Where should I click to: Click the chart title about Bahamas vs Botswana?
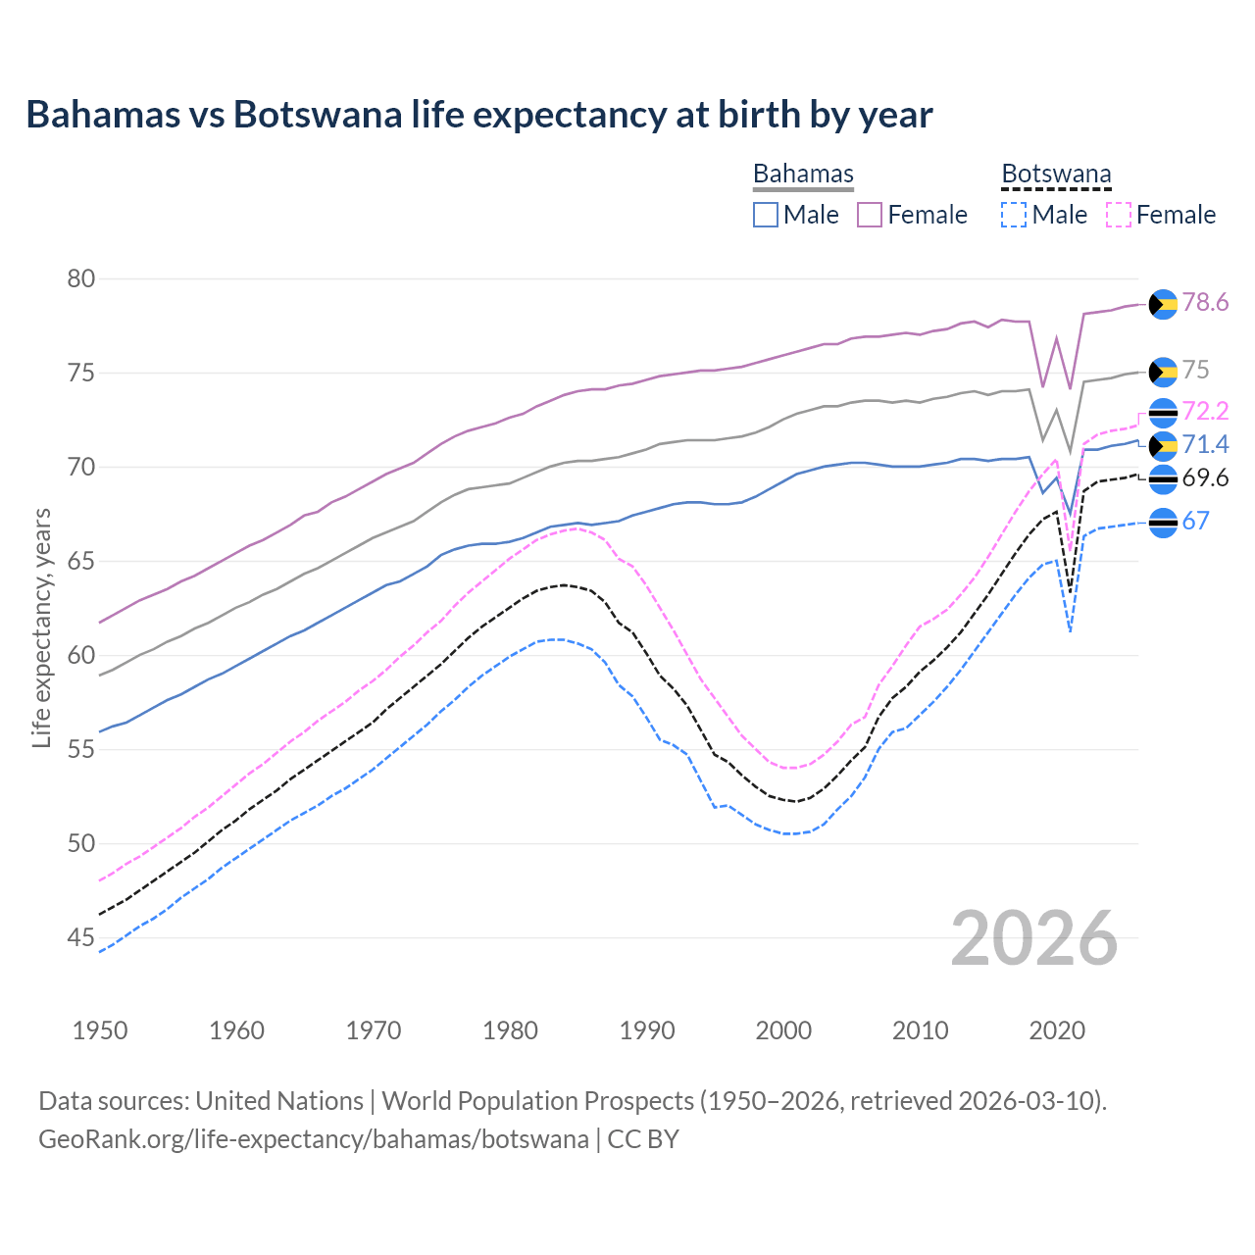[x=478, y=115]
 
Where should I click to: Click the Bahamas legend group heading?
[x=803, y=175]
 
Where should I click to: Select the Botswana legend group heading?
[x=1056, y=175]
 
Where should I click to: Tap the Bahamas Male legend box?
[x=766, y=215]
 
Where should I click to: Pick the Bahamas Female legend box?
[x=870, y=215]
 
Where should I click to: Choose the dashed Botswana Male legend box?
[x=1014, y=215]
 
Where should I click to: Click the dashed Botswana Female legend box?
[x=1119, y=215]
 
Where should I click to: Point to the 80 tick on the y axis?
[x=81, y=279]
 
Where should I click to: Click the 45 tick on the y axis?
[x=81, y=938]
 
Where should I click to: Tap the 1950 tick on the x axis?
[x=100, y=1030]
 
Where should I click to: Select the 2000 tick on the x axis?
[x=783, y=1030]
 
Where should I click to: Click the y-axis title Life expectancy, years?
[x=41, y=627]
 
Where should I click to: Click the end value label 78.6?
[x=1205, y=303]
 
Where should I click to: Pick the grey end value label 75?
[x=1195, y=371]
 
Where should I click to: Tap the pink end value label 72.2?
[x=1205, y=411]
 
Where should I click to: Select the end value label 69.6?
[x=1205, y=478]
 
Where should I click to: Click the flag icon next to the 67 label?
[x=1163, y=523]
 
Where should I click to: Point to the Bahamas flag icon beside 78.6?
[x=1163, y=304]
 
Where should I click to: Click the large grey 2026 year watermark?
[x=1033, y=938]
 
